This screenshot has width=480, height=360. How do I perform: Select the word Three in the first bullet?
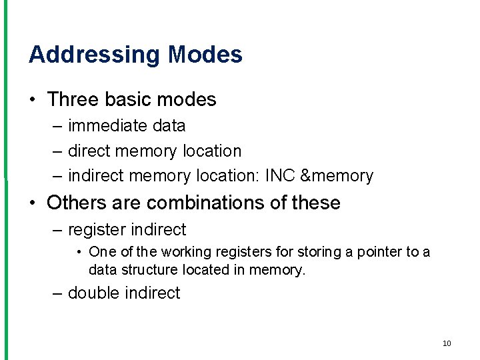[x=73, y=99]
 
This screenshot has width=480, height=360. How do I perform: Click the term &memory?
[x=337, y=176]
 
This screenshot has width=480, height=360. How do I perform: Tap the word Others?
[x=75, y=203]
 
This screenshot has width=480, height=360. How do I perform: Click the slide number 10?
[x=446, y=343]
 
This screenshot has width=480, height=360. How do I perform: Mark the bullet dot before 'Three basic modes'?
[x=32, y=100]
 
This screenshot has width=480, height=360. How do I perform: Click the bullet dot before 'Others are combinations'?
[x=32, y=203]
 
